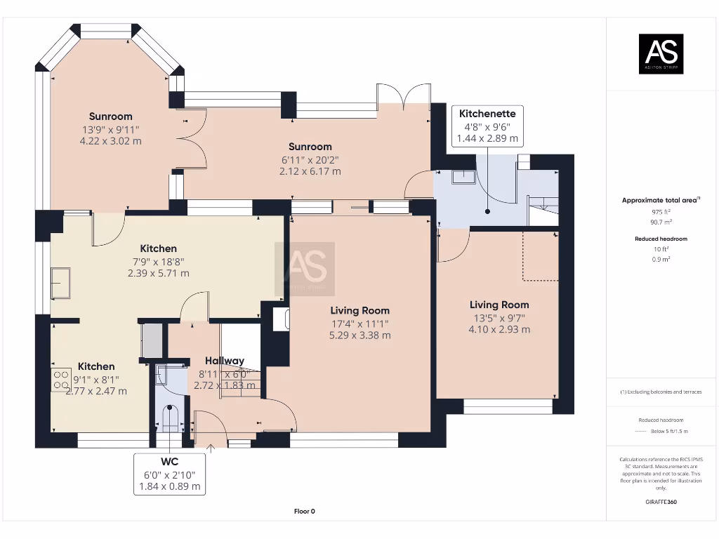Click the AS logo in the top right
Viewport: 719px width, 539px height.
click(660, 54)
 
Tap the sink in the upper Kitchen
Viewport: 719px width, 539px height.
click(60, 282)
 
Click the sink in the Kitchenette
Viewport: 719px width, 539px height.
click(463, 176)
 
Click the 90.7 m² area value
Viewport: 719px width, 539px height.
click(661, 221)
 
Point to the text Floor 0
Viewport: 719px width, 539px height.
click(303, 512)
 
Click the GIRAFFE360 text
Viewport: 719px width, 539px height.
click(661, 503)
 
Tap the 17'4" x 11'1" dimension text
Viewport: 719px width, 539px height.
click(360, 324)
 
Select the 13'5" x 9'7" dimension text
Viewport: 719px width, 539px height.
click(499, 317)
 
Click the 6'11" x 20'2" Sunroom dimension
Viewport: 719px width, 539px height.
click(310, 159)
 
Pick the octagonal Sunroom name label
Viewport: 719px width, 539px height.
click(110, 117)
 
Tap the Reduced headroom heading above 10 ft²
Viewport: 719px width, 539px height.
click(661, 239)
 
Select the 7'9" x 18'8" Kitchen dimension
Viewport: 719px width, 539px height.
click(158, 261)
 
